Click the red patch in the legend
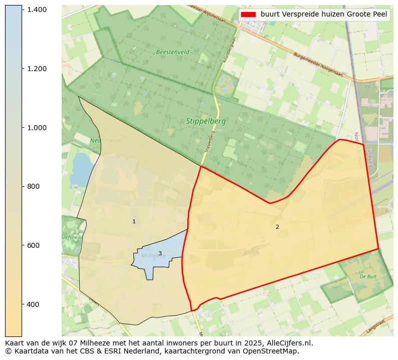(x=248, y=15)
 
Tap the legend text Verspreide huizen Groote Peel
(x=324, y=15)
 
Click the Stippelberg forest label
(x=206, y=121)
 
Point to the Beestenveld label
(x=172, y=52)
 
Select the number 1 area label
(x=134, y=222)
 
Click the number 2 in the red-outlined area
(x=277, y=227)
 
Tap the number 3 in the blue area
(x=160, y=254)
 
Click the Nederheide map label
(x=106, y=141)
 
